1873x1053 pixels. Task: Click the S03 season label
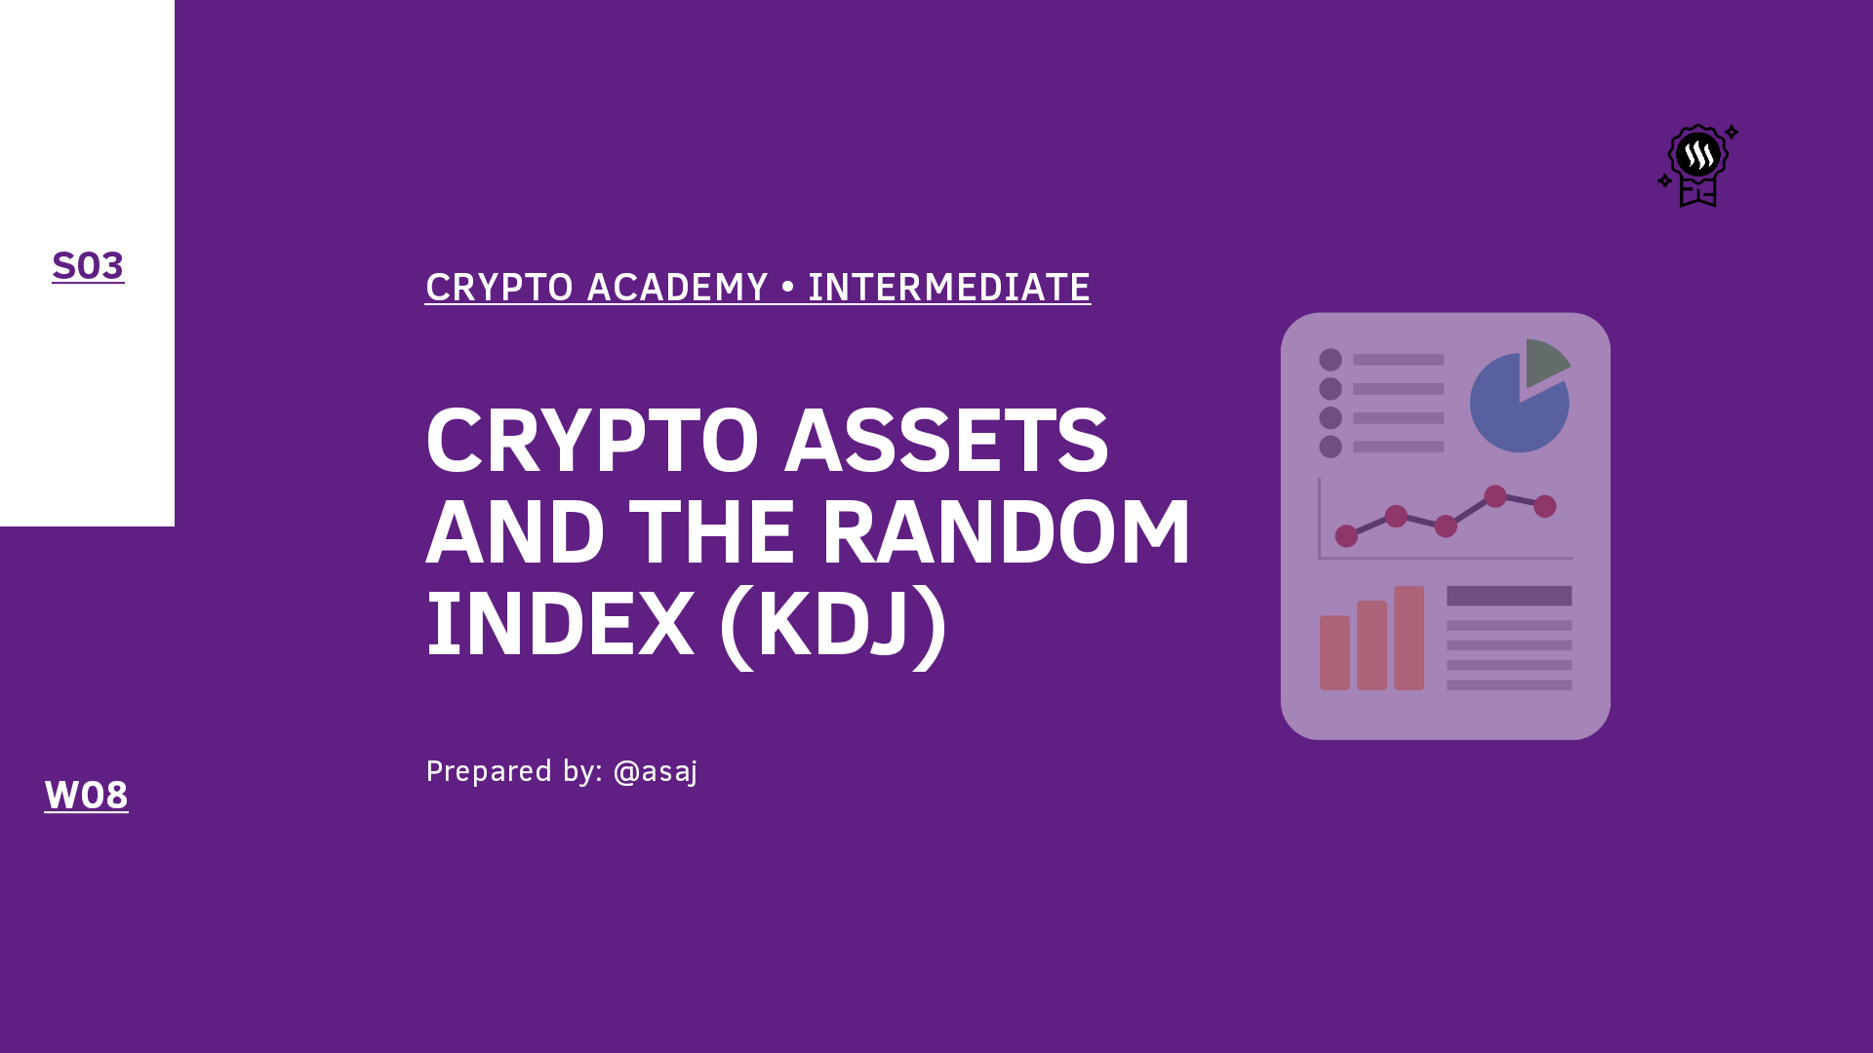(x=88, y=266)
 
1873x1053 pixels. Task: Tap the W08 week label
(x=86, y=796)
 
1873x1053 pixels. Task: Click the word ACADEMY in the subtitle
(x=677, y=288)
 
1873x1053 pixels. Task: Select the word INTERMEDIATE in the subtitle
(x=948, y=288)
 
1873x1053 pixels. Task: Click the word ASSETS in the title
(x=946, y=441)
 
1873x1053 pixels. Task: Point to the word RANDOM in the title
(x=1006, y=532)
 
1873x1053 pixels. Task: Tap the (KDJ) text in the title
(x=832, y=625)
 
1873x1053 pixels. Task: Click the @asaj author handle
(x=655, y=772)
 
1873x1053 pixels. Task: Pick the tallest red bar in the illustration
(x=1409, y=638)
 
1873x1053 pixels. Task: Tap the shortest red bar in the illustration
(x=1335, y=652)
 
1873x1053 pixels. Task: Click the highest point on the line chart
(x=1495, y=496)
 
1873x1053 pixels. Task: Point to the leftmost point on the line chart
(x=1346, y=535)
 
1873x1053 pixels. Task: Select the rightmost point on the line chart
(x=1545, y=506)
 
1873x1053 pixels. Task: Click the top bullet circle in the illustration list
(x=1331, y=360)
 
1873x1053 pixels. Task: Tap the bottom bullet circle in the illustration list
(x=1331, y=447)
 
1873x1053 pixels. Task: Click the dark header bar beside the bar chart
(x=1509, y=596)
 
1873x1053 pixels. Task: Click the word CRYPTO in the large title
(x=591, y=441)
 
